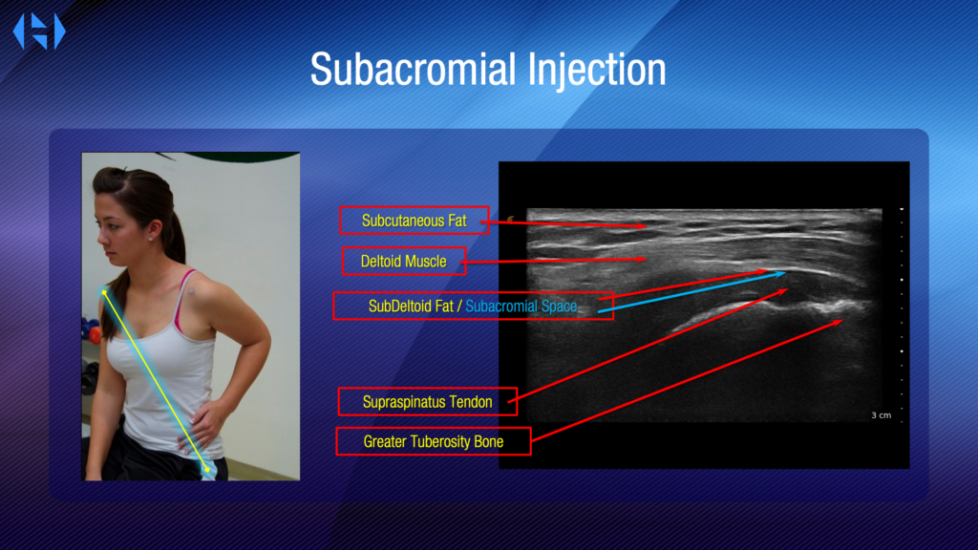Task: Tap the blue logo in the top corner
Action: coord(39,32)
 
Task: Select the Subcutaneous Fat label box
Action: coord(415,221)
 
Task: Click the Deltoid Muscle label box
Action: coord(404,261)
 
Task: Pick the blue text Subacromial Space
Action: coord(521,307)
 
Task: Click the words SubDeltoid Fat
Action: coord(411,307)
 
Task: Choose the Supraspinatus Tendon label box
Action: coord(427,402)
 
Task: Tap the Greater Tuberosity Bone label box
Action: coord(434,441)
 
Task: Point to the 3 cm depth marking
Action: coord(881,415)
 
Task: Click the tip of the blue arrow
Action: coord(785,273)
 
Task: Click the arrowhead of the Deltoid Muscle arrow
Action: coord(645,259)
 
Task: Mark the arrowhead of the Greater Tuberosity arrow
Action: coord(842,321)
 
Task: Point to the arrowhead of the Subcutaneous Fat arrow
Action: coord(647,226)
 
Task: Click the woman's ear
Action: coord(150,229)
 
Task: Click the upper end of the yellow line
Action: coord(104,292)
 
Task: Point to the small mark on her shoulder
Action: coord(191,291)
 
